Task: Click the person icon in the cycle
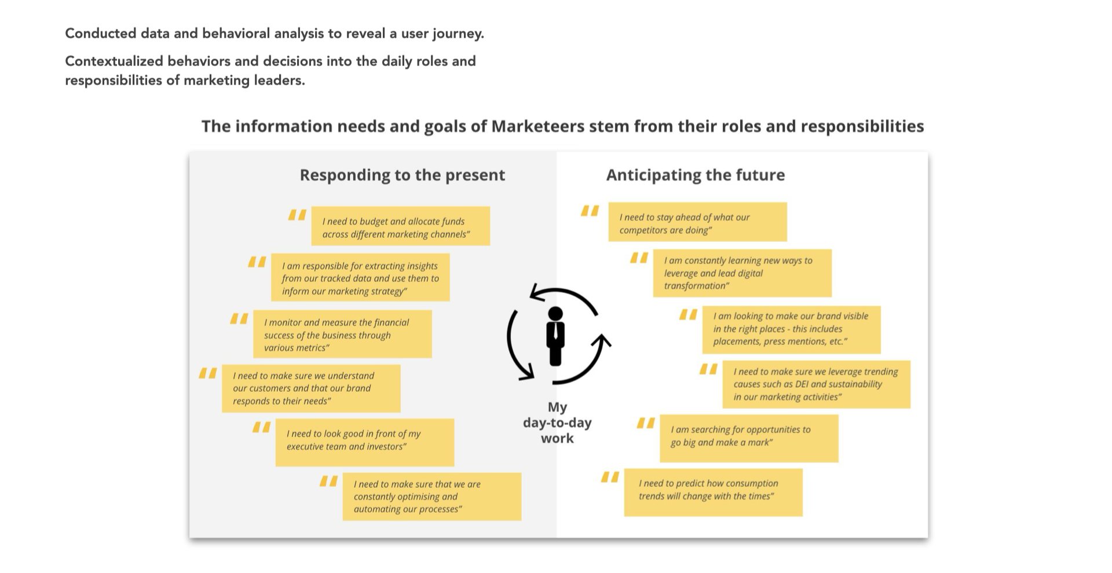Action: pyautogui.click(x=555, y=336)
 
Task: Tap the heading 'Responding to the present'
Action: pyautogui.click(x=402, y=175)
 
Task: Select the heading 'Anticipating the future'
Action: pyautogui.click(x=695, y=175)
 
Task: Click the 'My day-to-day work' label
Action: pyautogui.click(x=557, y=423)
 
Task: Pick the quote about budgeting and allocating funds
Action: pyautogui.click(x=400, y=226)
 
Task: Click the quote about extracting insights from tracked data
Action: pyautogui.click(x=360, y=278)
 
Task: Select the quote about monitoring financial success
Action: pyautogui.click(x=342, y=335)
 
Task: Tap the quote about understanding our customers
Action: pyautogui.click(x=311, y=388)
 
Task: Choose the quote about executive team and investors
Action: pyautogui.click(x=365, y=442)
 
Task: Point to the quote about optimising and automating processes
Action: pyautogui.click(x=431, y=497)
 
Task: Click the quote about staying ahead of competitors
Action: pyautogui.click(x=697, y=223)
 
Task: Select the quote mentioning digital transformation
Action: pyautogui.click(x=742, y=273)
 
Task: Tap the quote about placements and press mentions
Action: pyautogui.click(x=791, y=329)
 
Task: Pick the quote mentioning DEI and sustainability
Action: pyautogui.click(x=816, y=384)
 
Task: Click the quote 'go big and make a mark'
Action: pyautogui.click(x=749, y=438)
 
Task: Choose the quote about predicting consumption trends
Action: pyautogui.click(x=713, y=492)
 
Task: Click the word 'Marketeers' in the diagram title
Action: pyautogui.click(x=537, y=126)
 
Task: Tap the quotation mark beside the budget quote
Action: pyautogui.click(x=297, y=215)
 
